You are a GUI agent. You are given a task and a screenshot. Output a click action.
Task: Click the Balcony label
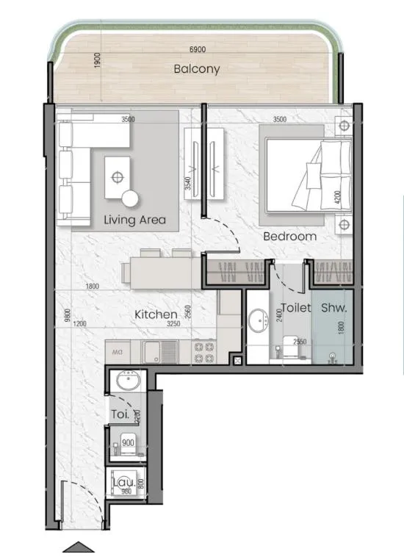click(196, 70)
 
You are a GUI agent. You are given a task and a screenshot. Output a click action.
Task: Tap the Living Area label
click(134, 220)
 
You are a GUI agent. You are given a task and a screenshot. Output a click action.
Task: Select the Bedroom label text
click(290, 237)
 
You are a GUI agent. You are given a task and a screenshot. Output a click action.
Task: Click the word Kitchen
click(156, 315)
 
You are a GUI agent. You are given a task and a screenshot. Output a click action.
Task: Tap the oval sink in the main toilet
click(258, 321)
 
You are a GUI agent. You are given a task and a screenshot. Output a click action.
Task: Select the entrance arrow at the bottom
click(78, 547)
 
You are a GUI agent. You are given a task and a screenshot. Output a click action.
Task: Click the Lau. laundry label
click(122, 482)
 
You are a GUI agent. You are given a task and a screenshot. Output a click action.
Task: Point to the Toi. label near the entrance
click(120, 414)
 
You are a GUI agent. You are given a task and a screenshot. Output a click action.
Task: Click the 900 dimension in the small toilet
click(129, 443)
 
